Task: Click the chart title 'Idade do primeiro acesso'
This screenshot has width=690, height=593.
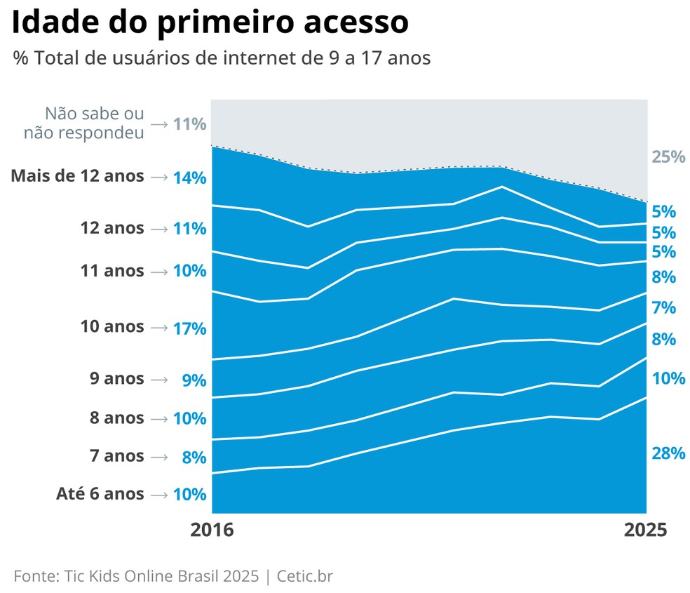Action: (x=210, y=23)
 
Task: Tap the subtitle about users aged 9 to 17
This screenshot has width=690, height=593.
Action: (x=222, y=58)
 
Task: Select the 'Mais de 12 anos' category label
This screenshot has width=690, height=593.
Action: (x=78, y=176)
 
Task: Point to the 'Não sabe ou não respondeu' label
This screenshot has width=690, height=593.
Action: (x=84, y=123)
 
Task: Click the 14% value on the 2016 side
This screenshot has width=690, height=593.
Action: (x=189, y=178)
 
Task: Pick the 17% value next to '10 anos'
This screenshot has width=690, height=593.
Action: (x=189, y=328)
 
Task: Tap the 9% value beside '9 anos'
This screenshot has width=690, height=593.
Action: (x=194, y=380)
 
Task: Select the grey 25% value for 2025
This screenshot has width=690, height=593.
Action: (x=668, y=156)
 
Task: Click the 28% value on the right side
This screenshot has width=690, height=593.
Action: (x=668, y=453)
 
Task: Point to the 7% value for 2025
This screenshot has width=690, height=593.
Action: (x=663, y=307)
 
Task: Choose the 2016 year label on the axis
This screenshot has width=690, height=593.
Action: (x=211, y=531)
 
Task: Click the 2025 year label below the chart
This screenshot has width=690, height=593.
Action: (x=646, y=531)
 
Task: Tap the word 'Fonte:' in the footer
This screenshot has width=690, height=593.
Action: (x=35, y=576)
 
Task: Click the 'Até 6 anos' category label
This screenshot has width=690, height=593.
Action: (x=100, y=494)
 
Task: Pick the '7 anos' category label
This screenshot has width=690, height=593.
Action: (x=116, y=456)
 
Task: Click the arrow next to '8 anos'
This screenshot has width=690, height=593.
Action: (x=159, y=419)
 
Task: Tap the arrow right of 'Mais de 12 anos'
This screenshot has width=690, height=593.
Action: (x=159, y=177)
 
